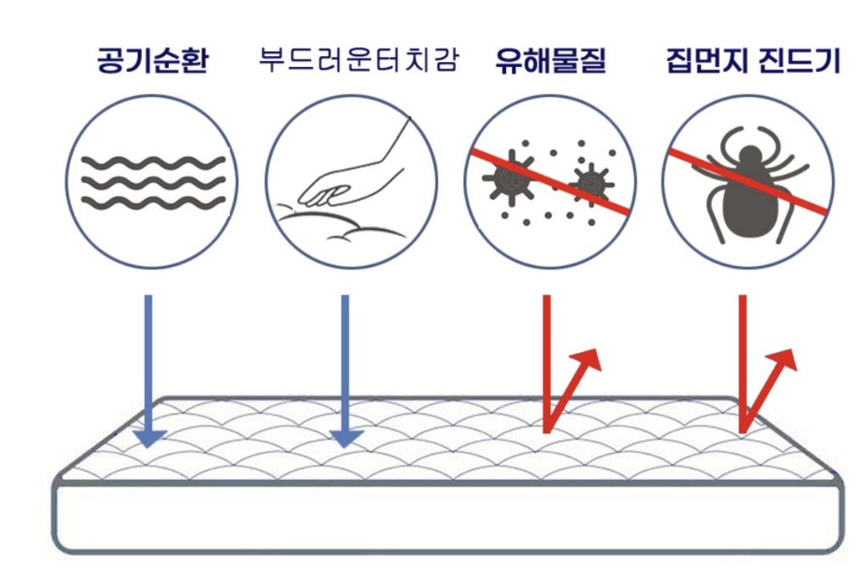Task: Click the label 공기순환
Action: [x=153, y=60]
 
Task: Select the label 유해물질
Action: [x=550, y=60]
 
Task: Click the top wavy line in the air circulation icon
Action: [x=153, y=164]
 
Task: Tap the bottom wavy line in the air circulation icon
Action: [x=153, y=203]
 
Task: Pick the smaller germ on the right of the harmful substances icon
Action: [x=591, y=182]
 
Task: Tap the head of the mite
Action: [x=749, y=158]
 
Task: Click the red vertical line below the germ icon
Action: [x=547, y=363]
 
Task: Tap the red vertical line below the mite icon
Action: [x=743, y=363]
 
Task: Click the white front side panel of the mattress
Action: [x=448, y=518]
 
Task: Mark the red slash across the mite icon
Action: [x=748, y=181]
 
